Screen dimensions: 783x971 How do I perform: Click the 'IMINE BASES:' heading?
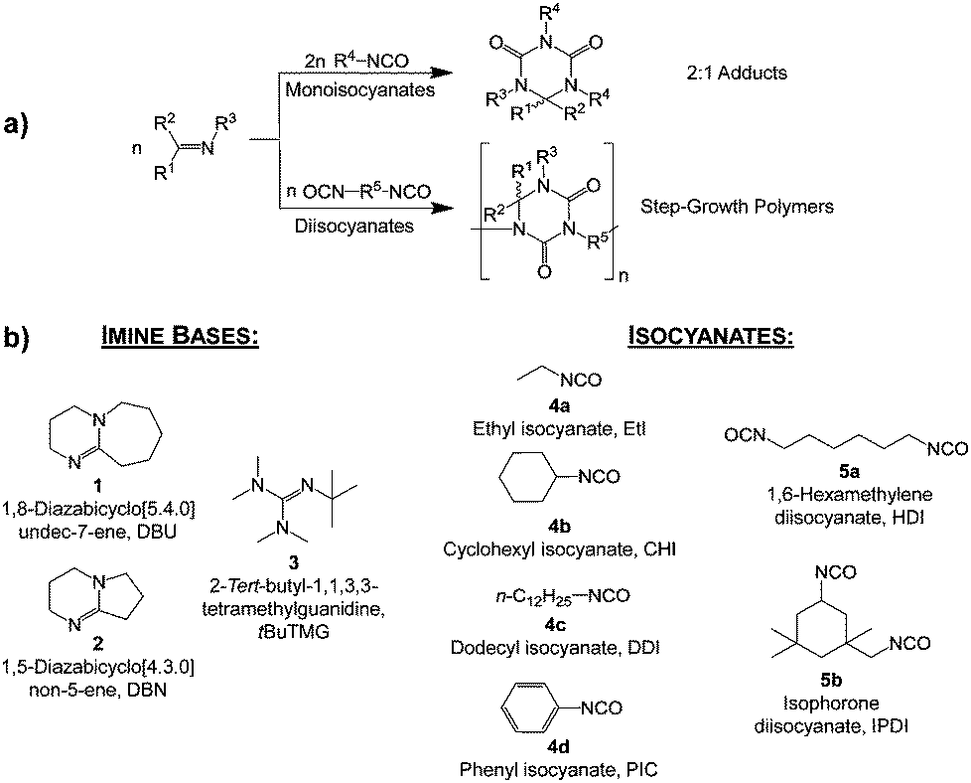[179, 338]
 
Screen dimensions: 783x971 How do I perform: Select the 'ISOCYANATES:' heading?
[711, 338]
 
